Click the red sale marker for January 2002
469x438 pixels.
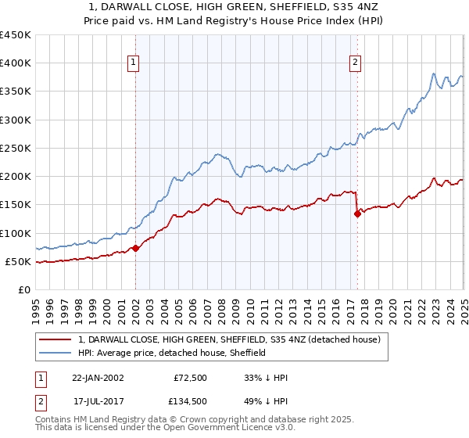tap(135, 248)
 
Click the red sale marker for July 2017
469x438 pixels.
tap(357, 214)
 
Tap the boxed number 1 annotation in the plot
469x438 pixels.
tap(134, 63)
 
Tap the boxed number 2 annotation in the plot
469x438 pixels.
tap(356, 63)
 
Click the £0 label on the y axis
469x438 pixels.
tap(25, 290)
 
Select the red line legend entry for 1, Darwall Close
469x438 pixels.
tap(228, 339)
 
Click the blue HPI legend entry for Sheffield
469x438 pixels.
tap(172, 354)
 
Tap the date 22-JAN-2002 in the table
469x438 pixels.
tap(98, 378)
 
